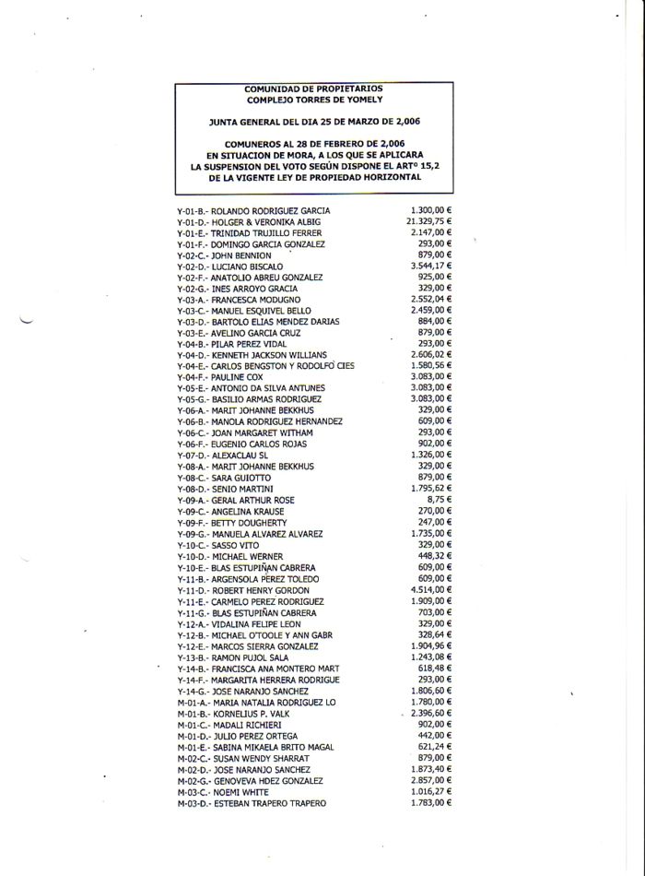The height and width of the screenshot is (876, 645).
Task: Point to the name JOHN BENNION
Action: click(x=241, y=255)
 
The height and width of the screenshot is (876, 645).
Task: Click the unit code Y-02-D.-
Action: click(x=193, y=266)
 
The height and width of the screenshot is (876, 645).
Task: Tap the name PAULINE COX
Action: click(x=237, y=378)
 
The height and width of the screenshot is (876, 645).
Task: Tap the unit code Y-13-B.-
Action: click(x=193, y=657)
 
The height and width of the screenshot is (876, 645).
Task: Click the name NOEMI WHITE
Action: click(x=240, y=792)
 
